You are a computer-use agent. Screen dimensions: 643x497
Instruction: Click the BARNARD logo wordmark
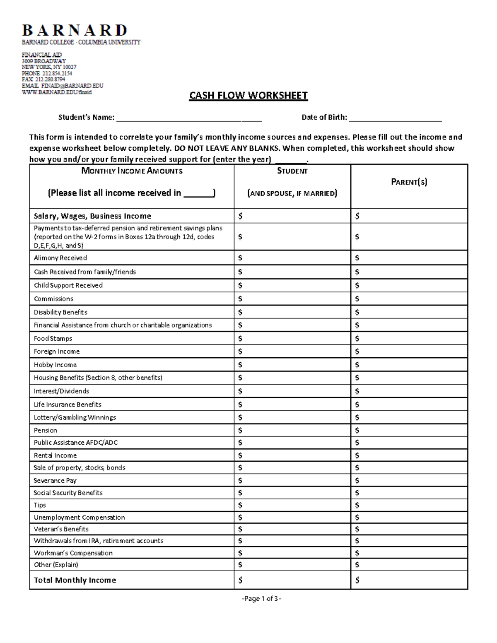(75, 31)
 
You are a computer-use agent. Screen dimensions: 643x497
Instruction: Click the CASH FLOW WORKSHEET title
(248, 96)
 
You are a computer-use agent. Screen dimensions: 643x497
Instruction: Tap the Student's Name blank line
(189, 118)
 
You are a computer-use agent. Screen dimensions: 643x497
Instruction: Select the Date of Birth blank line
(395, 118)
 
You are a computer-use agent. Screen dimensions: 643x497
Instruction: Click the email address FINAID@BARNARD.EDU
(63, 86)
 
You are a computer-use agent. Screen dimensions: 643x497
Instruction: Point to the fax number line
(43, 79)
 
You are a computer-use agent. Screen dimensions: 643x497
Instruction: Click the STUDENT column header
(292, 171)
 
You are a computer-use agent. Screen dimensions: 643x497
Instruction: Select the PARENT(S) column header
(409, 182)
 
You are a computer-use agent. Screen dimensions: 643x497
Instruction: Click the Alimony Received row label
(60, 258)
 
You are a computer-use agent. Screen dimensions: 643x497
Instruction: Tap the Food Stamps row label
(53, 338)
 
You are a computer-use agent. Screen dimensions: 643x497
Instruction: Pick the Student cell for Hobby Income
(292, 365)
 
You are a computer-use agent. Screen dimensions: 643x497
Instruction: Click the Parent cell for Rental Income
(409, 455)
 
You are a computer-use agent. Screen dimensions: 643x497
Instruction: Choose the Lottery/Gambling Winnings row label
(75, 417)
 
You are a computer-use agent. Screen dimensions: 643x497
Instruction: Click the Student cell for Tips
(292, 505)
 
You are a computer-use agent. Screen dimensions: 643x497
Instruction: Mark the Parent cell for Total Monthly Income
(409, 580)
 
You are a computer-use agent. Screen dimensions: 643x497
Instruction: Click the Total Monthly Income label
(75, 580)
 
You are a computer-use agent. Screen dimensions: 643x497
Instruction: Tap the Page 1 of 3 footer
(261, 598)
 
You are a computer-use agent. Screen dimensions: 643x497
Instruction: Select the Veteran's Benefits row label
(61, 529)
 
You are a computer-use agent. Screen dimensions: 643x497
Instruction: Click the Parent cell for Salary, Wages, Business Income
(409, 216)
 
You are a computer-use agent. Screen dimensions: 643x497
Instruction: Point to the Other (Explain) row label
(56, 565)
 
